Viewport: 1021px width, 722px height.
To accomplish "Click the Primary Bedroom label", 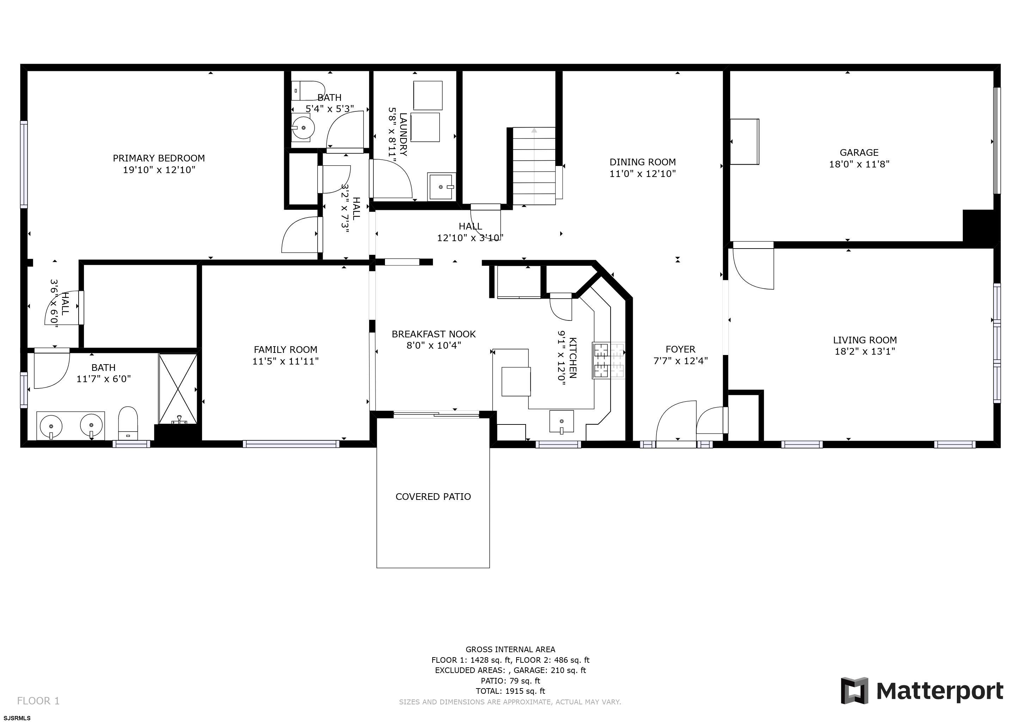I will click(x=159, y=158).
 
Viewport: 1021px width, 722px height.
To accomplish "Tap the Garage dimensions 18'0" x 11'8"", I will click(x=859, y=164).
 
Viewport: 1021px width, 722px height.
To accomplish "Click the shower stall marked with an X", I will click(x=178, y=388).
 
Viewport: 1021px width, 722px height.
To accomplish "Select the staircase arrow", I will click(x=534, y=131).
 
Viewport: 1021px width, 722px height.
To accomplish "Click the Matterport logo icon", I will click(x=854, y=690).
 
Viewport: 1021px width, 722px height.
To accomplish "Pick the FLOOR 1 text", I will click(x=38, y=700).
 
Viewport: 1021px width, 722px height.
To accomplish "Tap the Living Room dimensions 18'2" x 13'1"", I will click(x=864, y=351).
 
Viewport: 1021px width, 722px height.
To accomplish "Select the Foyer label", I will click(x=680, y=349).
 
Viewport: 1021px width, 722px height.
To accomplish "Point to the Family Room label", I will click(x=285, y=350).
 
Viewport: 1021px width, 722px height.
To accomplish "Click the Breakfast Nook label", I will click(x=433, y=334).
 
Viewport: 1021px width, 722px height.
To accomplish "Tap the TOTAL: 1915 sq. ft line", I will click(x=510, y=691).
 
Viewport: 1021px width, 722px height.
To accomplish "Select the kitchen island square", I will click(x=516, y=381).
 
